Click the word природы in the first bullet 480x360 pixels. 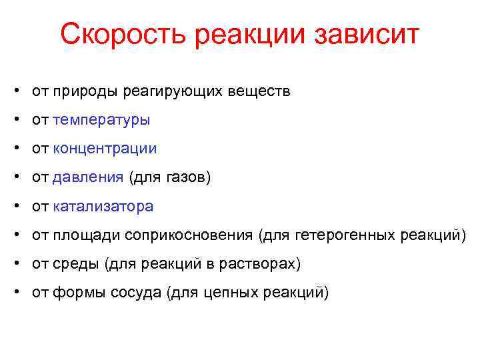tap(84, 92)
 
